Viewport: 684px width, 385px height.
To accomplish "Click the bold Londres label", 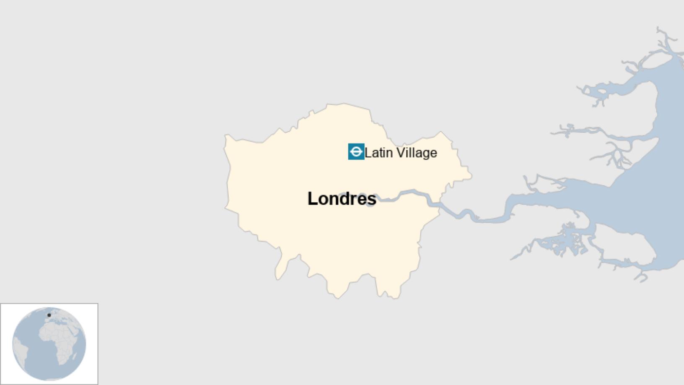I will click(342, 199).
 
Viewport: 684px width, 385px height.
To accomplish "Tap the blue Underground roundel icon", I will click(356, 152).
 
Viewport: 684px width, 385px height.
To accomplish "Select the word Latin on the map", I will click(378, 153).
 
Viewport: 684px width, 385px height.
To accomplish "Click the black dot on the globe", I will click(49, 315).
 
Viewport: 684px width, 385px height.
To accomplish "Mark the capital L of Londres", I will click(313, 199).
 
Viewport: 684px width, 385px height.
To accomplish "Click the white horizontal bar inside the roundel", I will click(356, 152).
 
